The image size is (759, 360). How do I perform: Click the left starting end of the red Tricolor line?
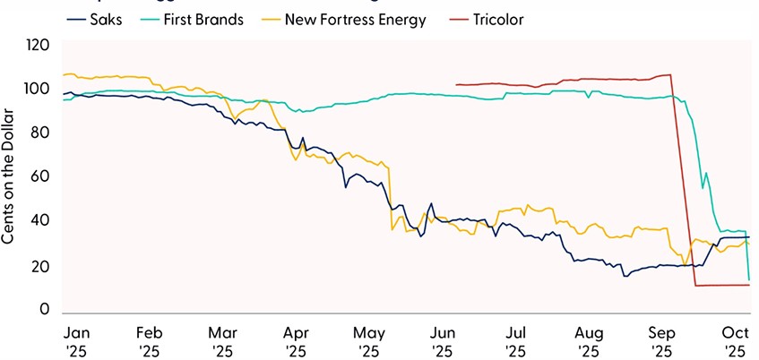(x=456, y=85)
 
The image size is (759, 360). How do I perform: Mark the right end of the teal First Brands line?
(x=749, y=279)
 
